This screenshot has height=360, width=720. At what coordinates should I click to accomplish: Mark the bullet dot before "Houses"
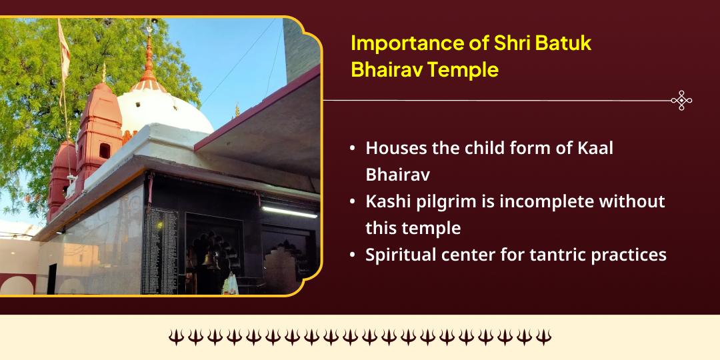click(x=352, y=149)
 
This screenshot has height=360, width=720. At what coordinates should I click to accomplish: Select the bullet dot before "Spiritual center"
click(x=352, y=255)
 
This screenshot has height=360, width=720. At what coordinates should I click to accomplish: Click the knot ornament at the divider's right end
click(x=681, y=101)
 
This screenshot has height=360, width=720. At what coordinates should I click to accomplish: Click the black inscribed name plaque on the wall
click(x=159, y=250)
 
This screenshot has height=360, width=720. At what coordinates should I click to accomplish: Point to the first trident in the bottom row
click(x=175, y=337)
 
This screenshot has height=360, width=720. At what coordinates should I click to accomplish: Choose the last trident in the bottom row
click(x=543, y=337)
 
